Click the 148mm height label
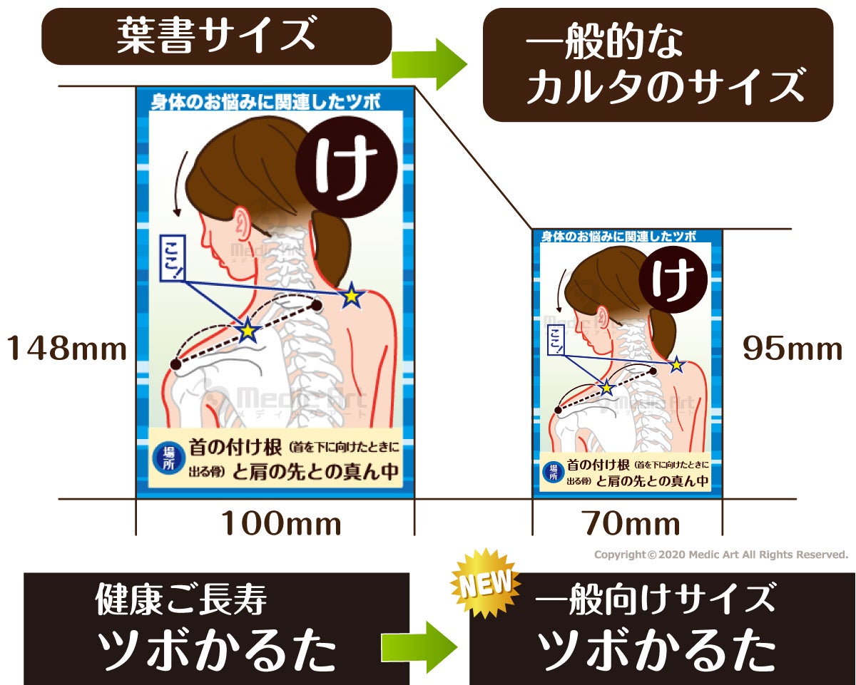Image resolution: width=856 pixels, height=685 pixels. [x=67, y=349]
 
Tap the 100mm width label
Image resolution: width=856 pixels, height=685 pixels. [x=280, y=525]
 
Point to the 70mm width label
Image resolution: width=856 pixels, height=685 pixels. [x=631, y=525]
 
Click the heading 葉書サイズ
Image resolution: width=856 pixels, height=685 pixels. [x=215, y=36]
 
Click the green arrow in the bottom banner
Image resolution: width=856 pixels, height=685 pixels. [x=419, y=647]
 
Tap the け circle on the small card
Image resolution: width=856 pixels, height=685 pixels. [x=670, y=280]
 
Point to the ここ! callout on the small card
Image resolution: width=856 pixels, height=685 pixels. [x=556, y=339]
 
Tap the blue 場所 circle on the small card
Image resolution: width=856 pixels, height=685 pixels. [x=551, y=471]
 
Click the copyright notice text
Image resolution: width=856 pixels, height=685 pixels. [x=720, y=555]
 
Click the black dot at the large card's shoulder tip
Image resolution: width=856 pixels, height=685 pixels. [x=175, y=364]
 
